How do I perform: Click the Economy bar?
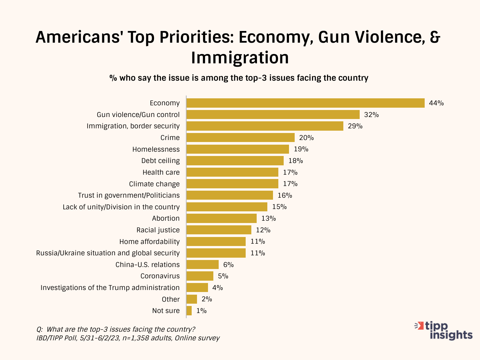[305, 103]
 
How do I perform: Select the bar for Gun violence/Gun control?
[273, 115]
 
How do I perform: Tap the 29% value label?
[355, 126]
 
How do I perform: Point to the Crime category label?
[170, 138]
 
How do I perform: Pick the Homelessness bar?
[238, 149]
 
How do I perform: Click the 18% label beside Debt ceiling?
[296, 161]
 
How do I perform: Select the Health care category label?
[161, 172]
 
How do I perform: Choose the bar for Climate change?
[232, 184]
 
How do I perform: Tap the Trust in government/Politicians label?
[129, 195]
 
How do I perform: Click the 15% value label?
[279, 207]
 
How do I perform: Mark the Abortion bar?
[222, 218]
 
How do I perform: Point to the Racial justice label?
[158, 230]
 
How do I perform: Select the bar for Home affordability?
[216, 241]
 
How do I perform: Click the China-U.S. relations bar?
[203, 265]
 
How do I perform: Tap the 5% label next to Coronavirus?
[223, 276]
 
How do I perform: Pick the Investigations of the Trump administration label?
[110, 288]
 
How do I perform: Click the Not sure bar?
[189, 311]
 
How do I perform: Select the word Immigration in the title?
[240, 58]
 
